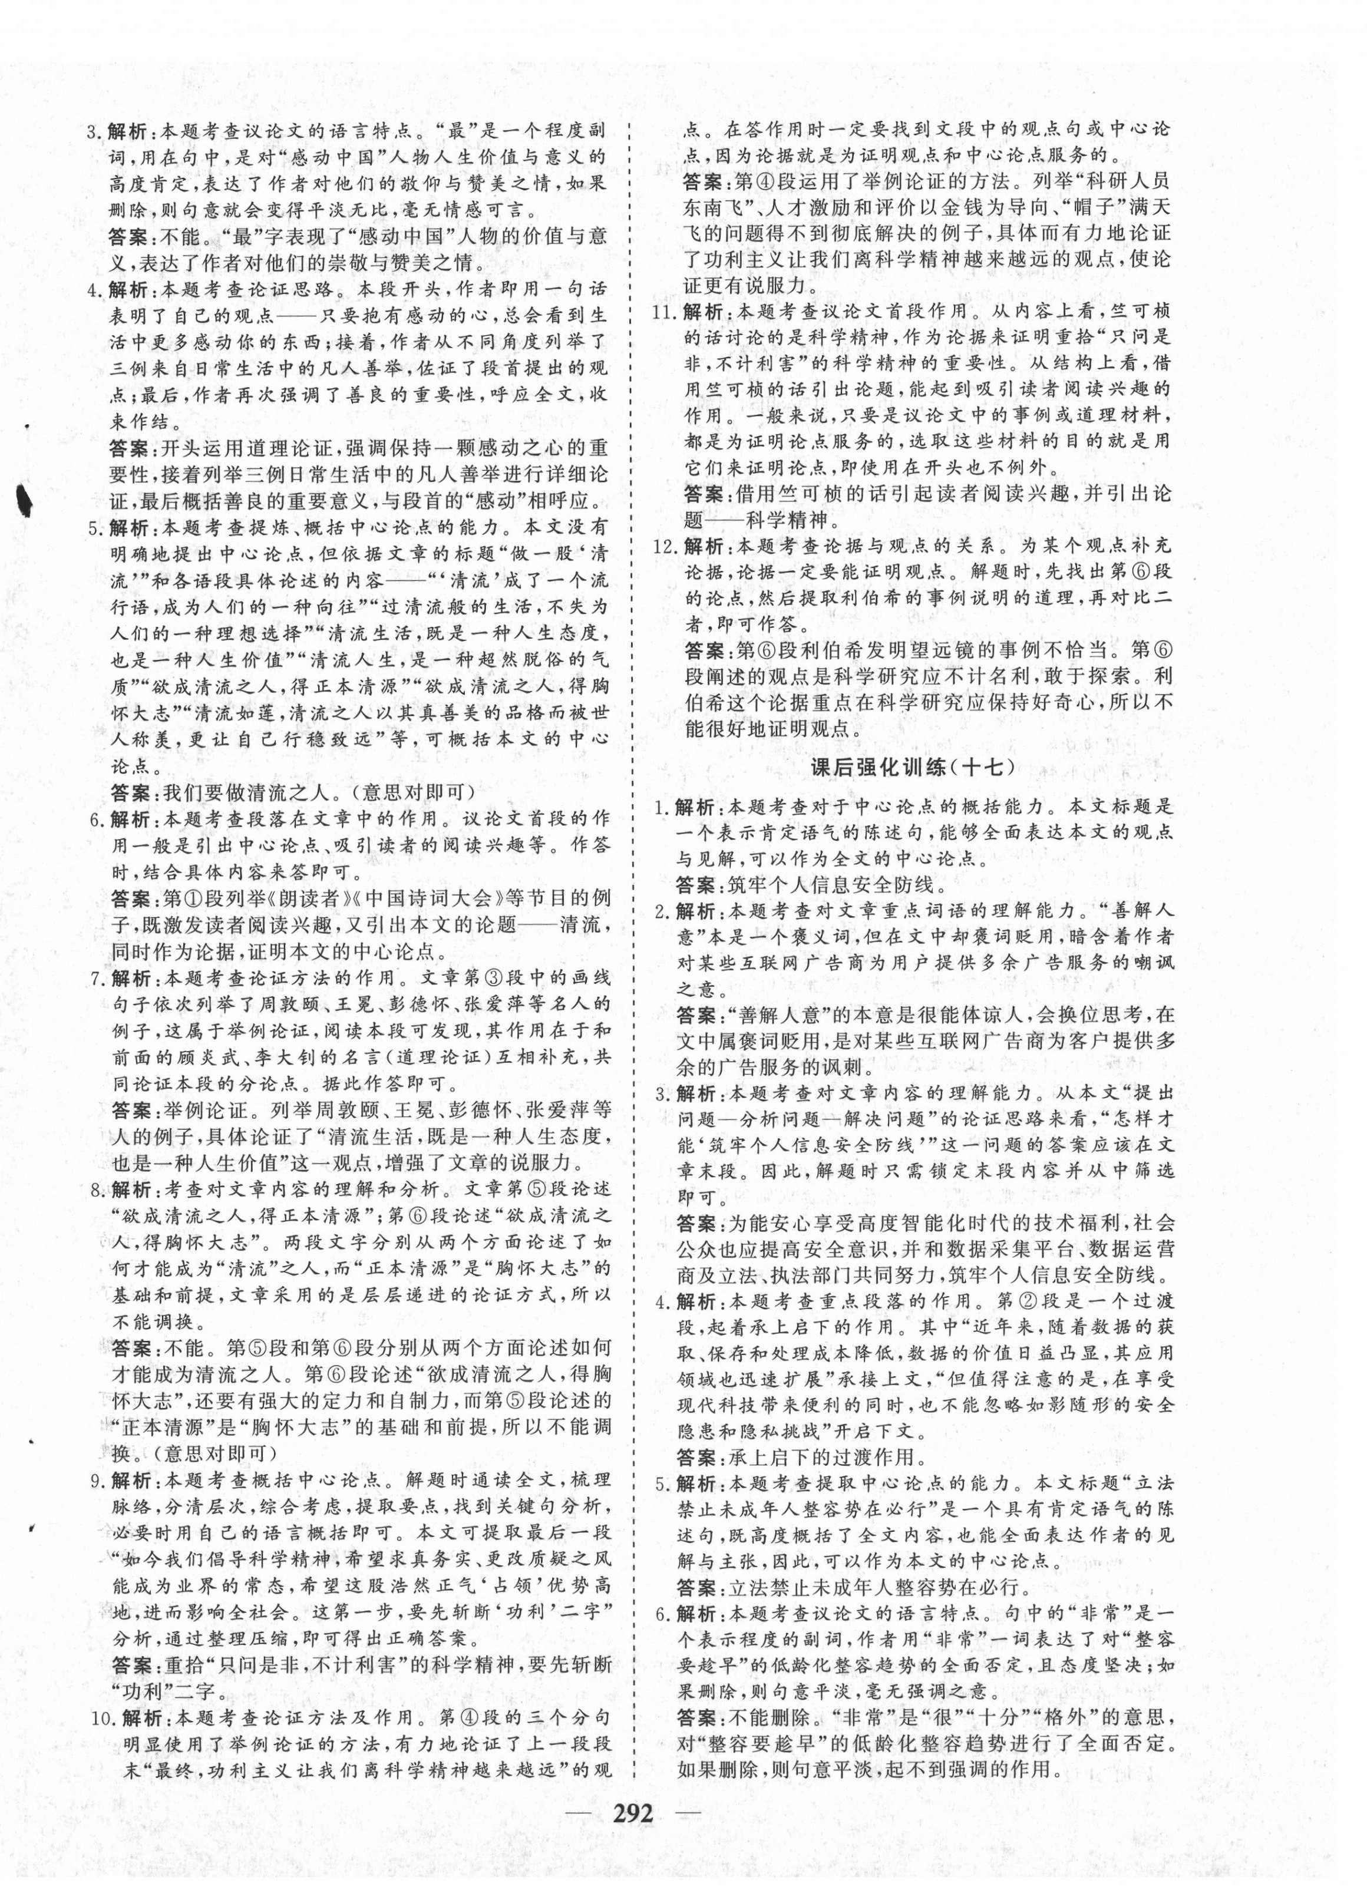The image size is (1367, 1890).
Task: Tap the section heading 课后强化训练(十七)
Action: click(x=913, y=768)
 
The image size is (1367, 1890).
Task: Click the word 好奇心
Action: click(x=1057, y=702)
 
